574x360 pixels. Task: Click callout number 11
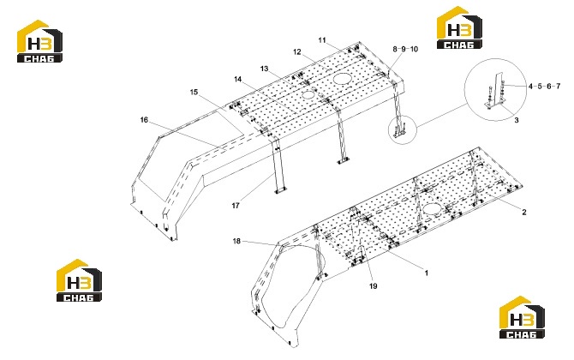(322, 40)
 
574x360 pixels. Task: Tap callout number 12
(297, 52)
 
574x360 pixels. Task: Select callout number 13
(265, 69)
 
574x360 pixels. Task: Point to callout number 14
(238, 79)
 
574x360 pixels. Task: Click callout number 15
(194, 92)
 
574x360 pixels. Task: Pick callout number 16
(144, 120)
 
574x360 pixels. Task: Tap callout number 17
(236, 206)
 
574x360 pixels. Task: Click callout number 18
(236, 241)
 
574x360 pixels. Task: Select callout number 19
(373, 286)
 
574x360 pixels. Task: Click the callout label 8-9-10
(405, 49)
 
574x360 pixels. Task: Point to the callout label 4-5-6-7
(544, 87)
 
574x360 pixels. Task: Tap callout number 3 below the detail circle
(517, 120)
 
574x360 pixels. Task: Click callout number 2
(524, 212)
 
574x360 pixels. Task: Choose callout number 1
(426, 273)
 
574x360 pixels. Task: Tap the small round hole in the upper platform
(308, 94)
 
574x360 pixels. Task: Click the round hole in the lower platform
(433, 209)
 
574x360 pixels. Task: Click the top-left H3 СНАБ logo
(39, 41)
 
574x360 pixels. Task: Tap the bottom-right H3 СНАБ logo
(522, 317)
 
